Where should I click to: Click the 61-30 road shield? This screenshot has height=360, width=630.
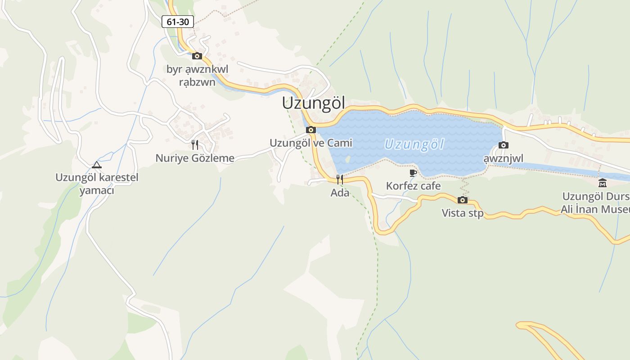tap(178, 21)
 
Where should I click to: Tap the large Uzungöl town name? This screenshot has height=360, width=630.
tap(313, 103)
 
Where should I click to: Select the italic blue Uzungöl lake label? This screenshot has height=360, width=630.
tap(414, 144)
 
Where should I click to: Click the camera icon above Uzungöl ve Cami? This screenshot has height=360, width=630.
tap(310, 130)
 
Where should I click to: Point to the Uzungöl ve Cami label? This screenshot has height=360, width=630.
tap(310, 143)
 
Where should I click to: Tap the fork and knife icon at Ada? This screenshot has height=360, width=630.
tap(340, 180)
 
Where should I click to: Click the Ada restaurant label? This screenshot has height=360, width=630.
tap(340, 193)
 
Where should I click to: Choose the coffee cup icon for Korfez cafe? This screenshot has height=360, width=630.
tap(413, 173)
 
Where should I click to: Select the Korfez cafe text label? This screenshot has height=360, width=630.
tap(413, 186)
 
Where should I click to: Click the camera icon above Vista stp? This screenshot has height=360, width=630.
tap(463, 200)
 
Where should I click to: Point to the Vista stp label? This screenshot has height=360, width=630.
tap(463, 213)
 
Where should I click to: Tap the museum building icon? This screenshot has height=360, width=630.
tap(603, 183)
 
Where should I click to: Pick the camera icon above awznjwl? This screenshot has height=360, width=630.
tap(504, 145)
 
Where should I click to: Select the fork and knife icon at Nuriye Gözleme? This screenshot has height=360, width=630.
tap(195, 144)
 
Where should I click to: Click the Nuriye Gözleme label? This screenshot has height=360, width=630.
tap(195, 158)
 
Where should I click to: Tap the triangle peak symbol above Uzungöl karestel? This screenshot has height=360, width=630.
tap(97, 165)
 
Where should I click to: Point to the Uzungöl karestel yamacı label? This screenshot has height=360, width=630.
tap(97, 184)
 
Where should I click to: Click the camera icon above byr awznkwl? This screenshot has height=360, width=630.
tap(197, 56)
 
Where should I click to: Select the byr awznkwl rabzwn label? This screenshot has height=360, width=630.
tap(197, 76)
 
